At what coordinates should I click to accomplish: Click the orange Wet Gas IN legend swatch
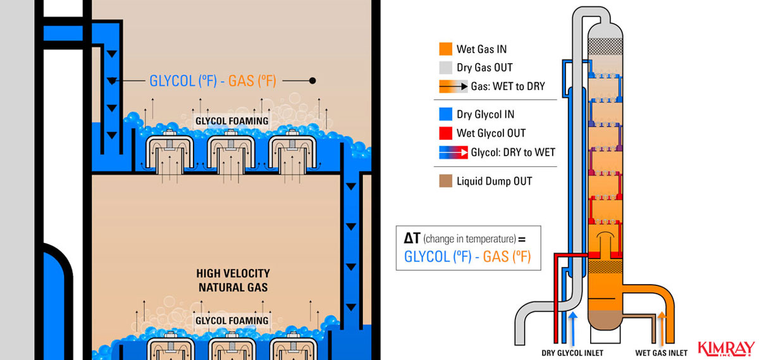tap(445, 49)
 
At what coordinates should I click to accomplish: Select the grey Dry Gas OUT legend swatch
tap(445, 68)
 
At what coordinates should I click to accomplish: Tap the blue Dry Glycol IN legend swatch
tap(445, 115)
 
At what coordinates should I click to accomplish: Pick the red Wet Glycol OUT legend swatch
tap(445, 133)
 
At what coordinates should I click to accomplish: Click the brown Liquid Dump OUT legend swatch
tap(445, 182)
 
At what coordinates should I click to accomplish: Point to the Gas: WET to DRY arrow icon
tap(453, 87)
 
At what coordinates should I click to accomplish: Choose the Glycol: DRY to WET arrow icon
tap(453, 152)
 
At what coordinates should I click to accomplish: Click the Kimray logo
tap(725, 347)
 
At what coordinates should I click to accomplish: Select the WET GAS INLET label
tap(661, 353)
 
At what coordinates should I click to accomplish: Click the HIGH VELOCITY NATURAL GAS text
tap(232, 280)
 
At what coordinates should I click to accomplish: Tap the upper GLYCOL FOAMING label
tap(231, 121)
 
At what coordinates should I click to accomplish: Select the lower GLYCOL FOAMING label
tap(231, 321)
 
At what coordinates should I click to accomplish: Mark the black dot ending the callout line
tap(312, 81)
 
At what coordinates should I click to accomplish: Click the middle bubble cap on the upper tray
tap(231, 152)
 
